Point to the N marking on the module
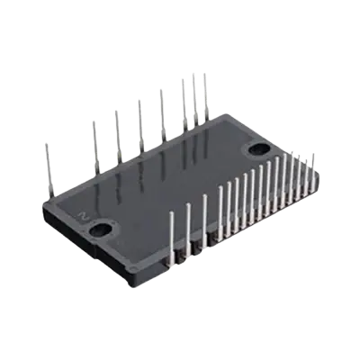82,215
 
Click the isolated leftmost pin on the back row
48,162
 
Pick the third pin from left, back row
118,130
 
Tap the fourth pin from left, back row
139,117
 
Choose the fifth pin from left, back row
161,108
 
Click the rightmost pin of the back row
206,94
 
